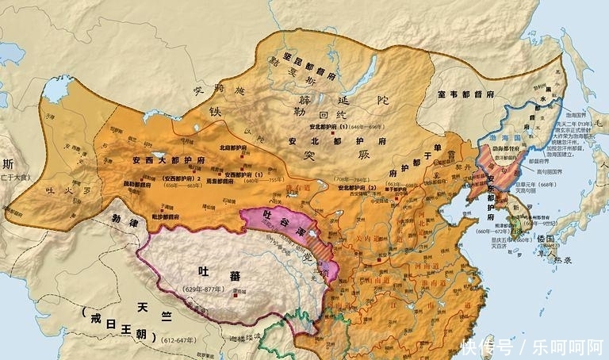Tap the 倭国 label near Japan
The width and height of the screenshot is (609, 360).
544,238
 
